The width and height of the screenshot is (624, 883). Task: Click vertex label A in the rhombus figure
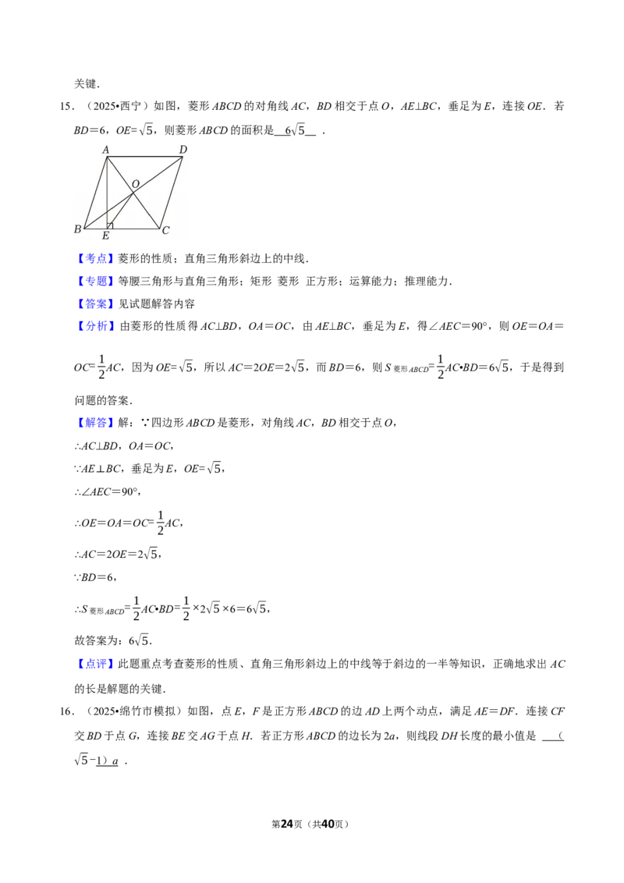pyautogui.click(x=105, y=150)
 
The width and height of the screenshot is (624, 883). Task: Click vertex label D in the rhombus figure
pyautogui.click(x=183, y=149)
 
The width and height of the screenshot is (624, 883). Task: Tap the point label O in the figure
pyautogui.click(x=135, y=184)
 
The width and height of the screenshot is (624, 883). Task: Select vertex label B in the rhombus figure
pyautogui.click(x=78, y=229)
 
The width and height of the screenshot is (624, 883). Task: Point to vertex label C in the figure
pyautogui.click(x=165, y=230)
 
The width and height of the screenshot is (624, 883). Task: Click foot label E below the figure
pyautogui.click(x=105, y=236)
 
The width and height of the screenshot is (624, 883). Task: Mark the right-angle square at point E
pyautogui.click(x=110, y=225)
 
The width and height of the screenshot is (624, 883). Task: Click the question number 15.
pyautogui.click(x=66, y=106)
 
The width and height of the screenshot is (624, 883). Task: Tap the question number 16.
pyautogui.click(x=66, y=711)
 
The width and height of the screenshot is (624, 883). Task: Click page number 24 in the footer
pyautogui.click(x=287, y=824)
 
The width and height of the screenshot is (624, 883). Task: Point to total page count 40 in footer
pyautogui.click(x=328, y=824)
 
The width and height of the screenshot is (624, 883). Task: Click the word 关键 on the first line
pyautogui.click(x=86, y=84)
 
